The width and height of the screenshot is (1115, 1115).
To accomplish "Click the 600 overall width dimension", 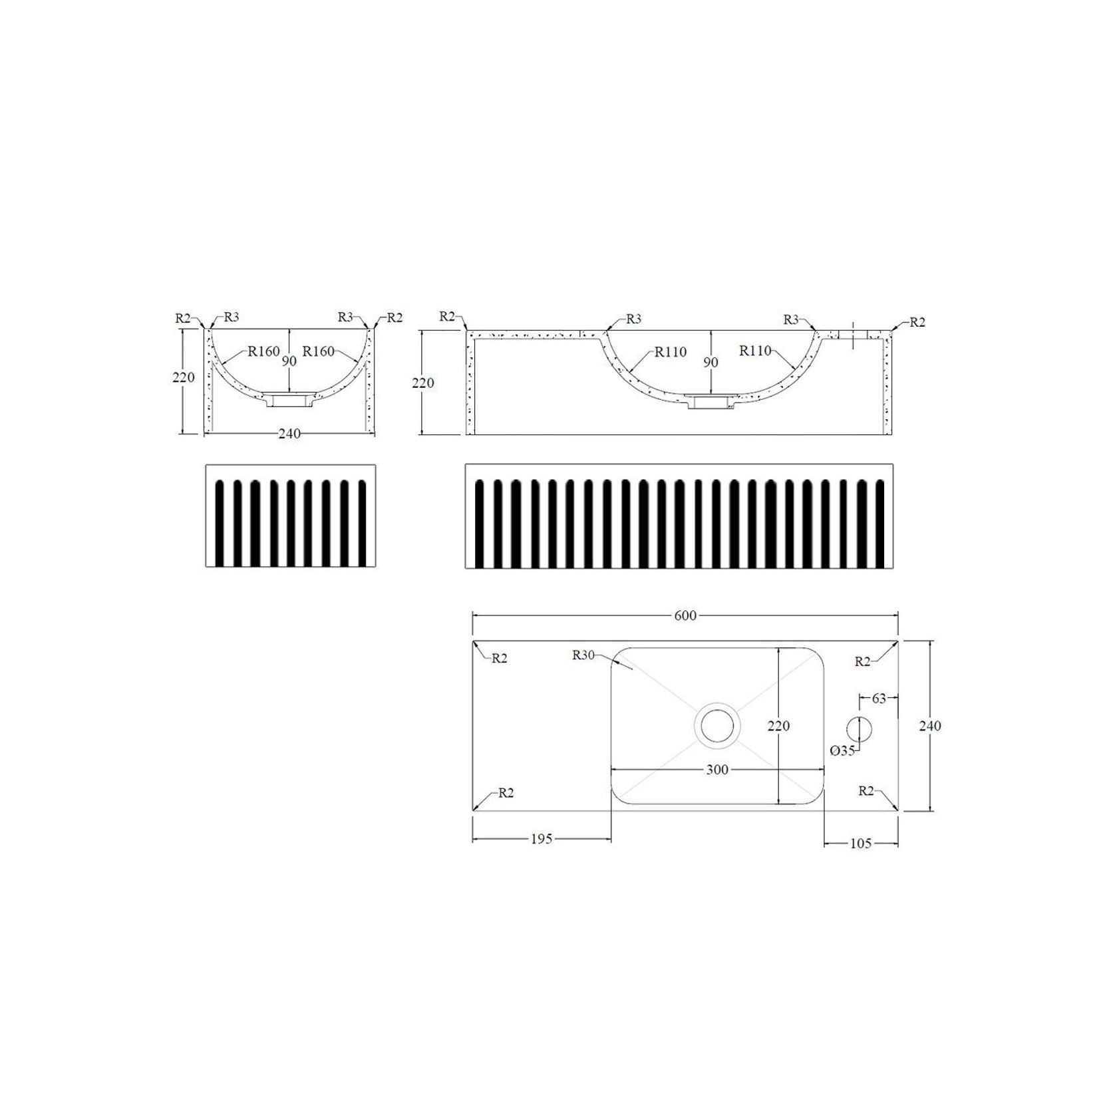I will coord(685,616).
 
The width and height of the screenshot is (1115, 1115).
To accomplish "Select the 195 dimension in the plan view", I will coord(541,839).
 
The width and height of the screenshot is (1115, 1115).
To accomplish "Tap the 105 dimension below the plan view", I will coord(861,844).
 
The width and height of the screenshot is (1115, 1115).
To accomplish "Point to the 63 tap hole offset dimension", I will coord(879,699).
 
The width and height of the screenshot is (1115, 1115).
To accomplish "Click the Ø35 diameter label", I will coord(842,750).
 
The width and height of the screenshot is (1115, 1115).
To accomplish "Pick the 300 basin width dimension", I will coord(717,770).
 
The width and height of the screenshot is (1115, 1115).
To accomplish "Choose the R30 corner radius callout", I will coord(583,655).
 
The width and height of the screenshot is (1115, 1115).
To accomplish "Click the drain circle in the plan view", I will coord(717,726).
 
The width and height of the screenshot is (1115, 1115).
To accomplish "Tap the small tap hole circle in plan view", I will coord(859,730).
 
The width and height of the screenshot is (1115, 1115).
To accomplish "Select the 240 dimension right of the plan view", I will coord(929,726).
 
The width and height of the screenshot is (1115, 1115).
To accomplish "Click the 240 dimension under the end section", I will coord(289,434).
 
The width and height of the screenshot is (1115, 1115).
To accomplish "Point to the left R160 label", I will coord(263,351).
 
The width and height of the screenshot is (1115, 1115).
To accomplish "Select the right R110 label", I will coord(755,351).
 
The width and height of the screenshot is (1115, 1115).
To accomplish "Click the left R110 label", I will coord(670,352).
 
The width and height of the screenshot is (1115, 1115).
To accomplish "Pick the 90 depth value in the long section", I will coord(711,363).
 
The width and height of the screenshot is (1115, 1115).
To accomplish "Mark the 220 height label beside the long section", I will coord(423,383).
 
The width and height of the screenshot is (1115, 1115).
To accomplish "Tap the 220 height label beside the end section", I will coord(184,377).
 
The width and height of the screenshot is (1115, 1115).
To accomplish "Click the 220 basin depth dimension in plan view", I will coord(778,726).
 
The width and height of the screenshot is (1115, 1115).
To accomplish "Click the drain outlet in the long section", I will coord(711,402).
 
